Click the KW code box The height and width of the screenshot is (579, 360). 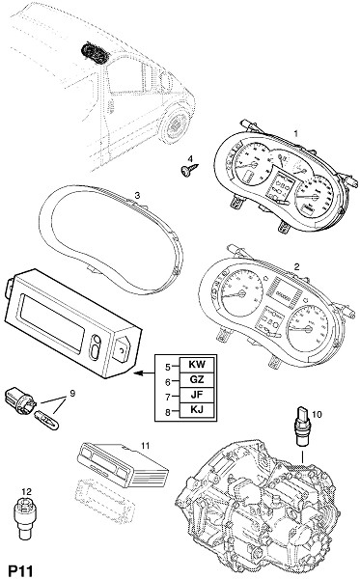tap(197, 365)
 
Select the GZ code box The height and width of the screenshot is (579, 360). tap(197, 379)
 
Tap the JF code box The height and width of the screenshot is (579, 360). tap(197, 395)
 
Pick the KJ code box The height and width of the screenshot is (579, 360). tap(197, 410)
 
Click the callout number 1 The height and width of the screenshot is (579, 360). tap(295, 133)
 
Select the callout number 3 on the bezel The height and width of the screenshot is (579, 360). tap(137, 195)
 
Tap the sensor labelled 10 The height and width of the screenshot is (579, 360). tap(301, 427)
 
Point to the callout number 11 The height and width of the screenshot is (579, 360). tap(145, 446)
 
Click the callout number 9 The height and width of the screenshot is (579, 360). tap(72, 394)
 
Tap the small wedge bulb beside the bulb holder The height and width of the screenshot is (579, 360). tap(46, 422)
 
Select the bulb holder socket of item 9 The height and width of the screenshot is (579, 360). tap(20, 400)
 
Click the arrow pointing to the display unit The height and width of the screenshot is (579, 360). tap(144, 373)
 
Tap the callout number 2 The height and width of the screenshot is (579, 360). tap(296, 266)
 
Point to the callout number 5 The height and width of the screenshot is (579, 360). tap(168, 367)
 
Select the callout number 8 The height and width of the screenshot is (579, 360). tap(168, 412)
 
